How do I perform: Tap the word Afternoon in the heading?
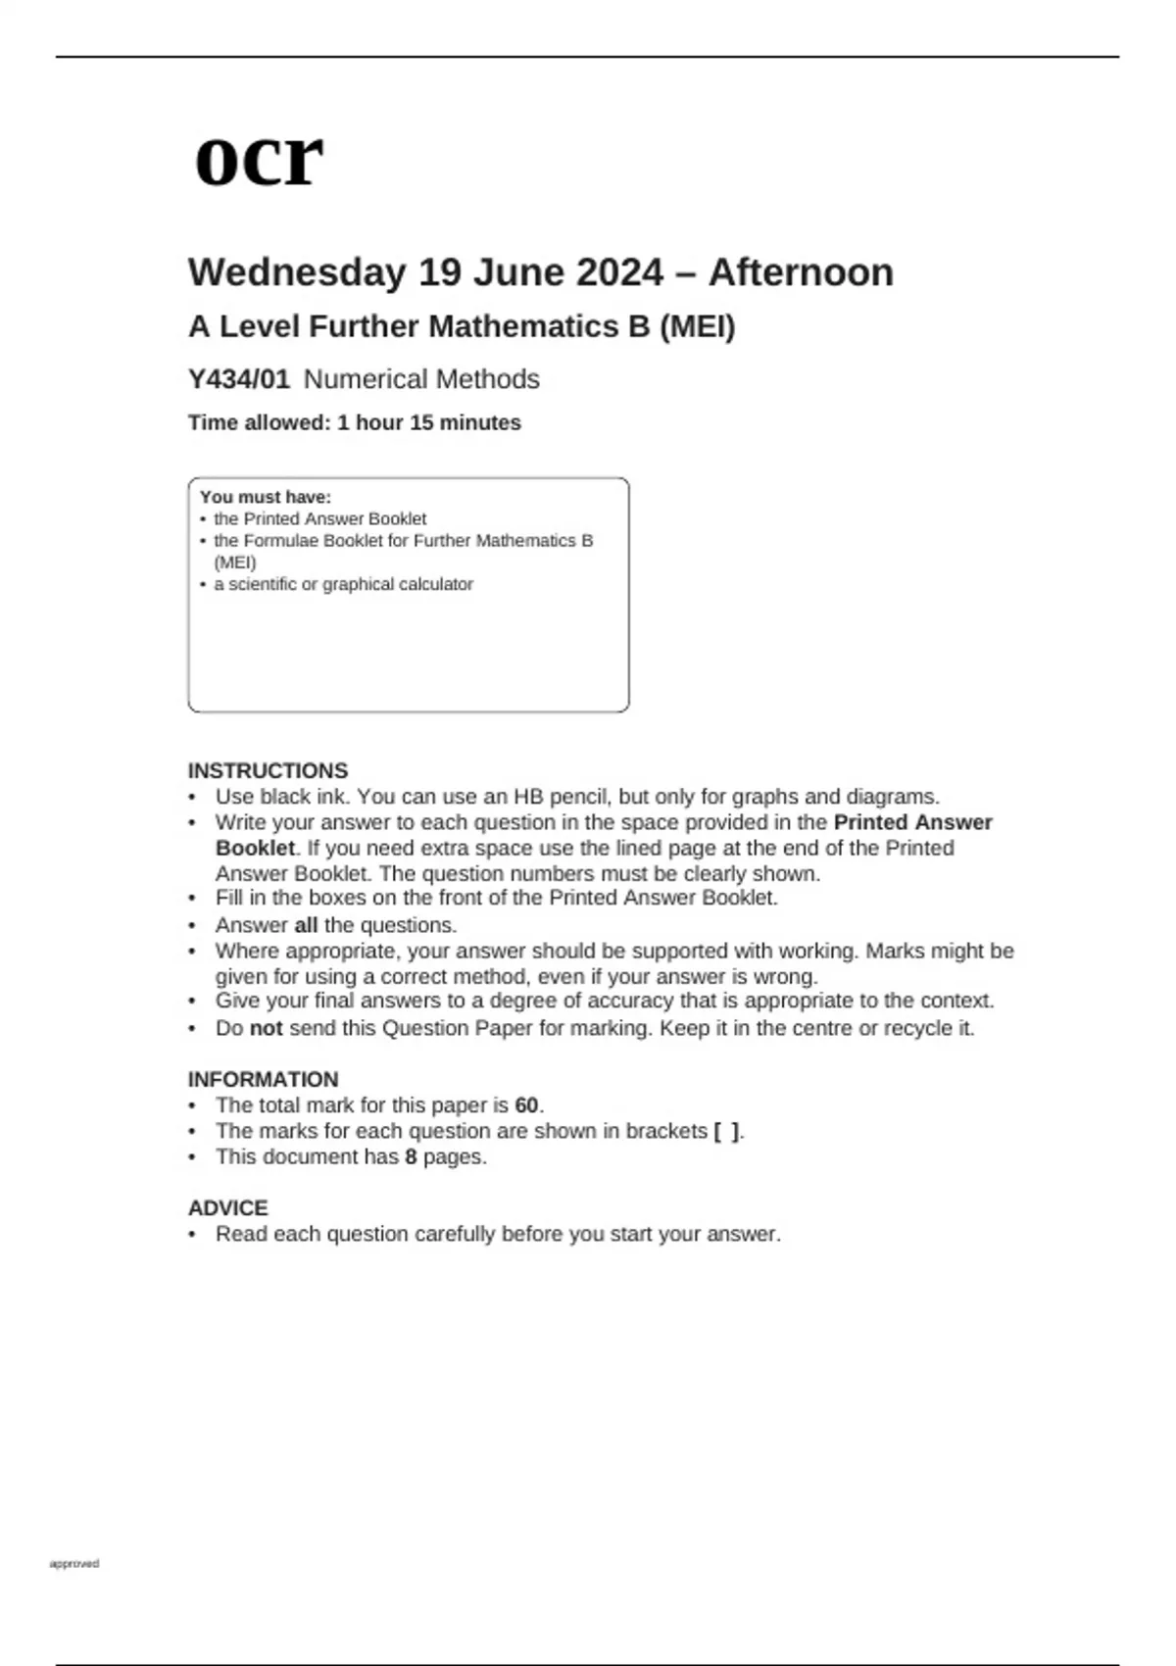tap(801, 272)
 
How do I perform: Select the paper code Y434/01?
tap(239, 379)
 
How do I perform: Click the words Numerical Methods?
tap(421, 379)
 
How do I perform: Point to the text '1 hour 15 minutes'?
tap(429, 423)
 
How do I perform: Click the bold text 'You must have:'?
tap(266, 497)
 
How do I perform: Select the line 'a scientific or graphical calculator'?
tap(343, 584)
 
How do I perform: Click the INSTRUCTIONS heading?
tap(268, 770)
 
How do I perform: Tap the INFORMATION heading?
tap(263, 1079)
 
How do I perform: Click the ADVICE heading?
tap(227, 1207)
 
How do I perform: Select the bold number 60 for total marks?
tap(526, 1105)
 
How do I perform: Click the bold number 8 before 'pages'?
tap(411, 1156)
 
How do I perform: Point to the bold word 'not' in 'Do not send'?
tap(266, 1028)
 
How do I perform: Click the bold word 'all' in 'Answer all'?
tap(306, 925)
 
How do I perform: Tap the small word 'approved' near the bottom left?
tap(74, 1563)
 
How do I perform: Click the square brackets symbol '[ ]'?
tap(726, 1131)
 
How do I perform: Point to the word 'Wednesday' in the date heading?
tap(297, 272)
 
